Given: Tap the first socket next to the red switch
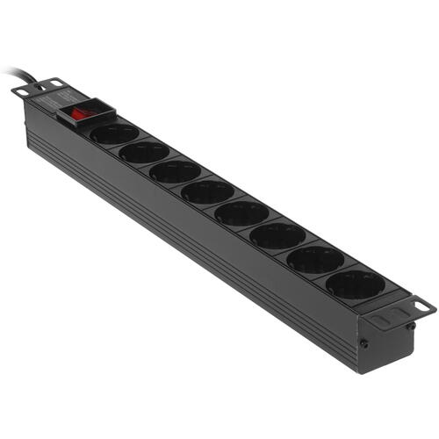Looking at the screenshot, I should tap(114, 133).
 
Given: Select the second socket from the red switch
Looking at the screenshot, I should tap(144, 152).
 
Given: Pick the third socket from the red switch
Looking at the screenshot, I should tap(175, 171).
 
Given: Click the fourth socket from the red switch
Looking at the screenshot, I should tap(207, 191).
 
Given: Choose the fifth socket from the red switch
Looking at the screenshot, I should tap(241, 212).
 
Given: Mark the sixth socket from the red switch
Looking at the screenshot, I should tap(277, 234).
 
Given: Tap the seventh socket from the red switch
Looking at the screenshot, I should tap(315, 258).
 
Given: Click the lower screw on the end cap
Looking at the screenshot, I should tap(361, 344).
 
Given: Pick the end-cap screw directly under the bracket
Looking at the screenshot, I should tap(410, 326).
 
